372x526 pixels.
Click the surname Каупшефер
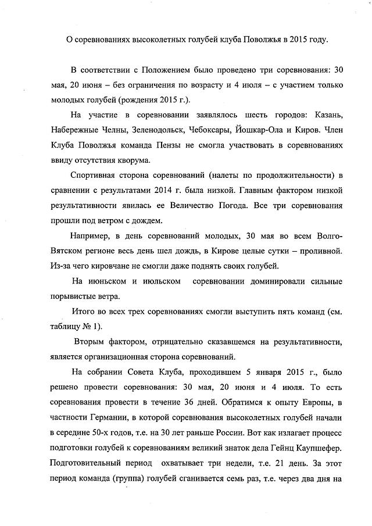tap(317, 449)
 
